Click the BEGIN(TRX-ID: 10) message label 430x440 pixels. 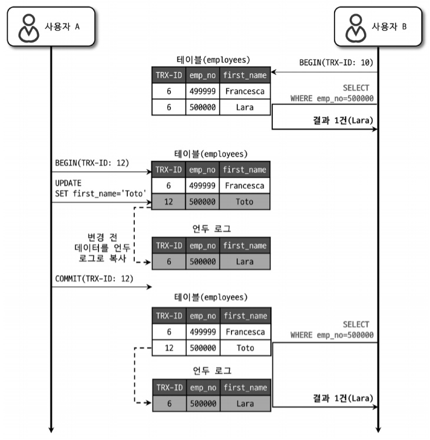point(336,61)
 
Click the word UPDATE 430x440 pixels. point(68,183)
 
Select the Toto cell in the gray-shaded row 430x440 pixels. point(244,201)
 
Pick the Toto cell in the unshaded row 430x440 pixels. point(244,348)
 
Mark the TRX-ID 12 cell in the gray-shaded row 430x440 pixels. point(168,201)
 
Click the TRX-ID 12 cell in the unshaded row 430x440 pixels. point(168,348)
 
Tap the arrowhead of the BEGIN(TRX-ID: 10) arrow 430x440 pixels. point(274,72)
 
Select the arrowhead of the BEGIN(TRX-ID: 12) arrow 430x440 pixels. point(149,173)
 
